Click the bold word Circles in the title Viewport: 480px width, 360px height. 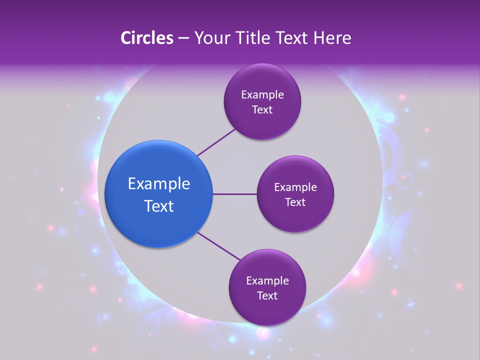[147, 38]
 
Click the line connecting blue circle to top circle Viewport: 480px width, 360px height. [216, 142]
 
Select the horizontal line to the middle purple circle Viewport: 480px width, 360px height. [234, 194]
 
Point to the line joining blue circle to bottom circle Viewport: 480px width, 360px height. [219, 246]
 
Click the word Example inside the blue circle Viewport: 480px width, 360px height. [159, 184]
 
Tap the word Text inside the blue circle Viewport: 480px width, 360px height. [159, 206]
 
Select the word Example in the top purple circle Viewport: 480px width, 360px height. [262, 95]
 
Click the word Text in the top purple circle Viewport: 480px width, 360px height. [262, 110]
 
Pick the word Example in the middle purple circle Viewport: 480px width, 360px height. [295, 187]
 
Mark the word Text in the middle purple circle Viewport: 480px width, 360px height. [295, 202]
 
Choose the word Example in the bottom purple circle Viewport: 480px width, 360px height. [267, 281]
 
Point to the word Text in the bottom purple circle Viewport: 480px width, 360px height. [267, 296]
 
